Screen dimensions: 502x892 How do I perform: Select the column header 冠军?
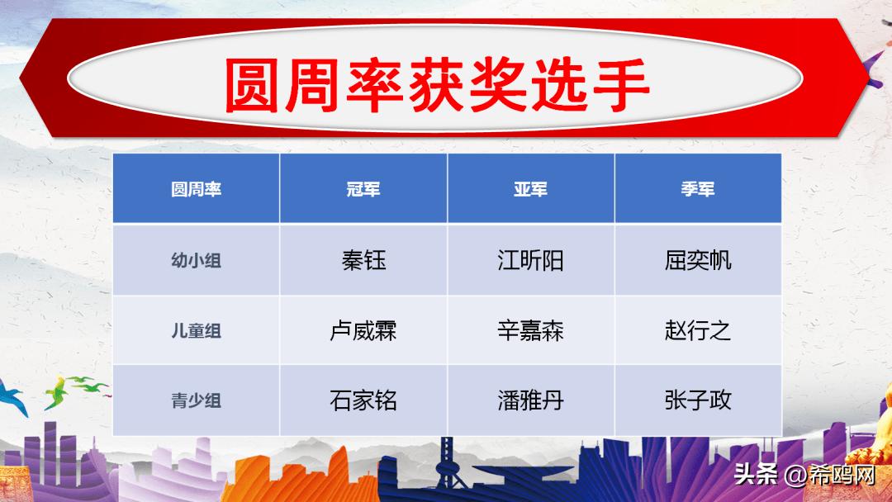(363, 189)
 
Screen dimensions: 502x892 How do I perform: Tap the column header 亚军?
(530, 189)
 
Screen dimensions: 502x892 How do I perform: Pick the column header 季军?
(698, 189)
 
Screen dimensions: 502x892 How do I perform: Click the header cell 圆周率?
(196, 189)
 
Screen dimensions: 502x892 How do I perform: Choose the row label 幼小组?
(196, 261)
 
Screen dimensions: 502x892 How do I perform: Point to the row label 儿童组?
(196, 331)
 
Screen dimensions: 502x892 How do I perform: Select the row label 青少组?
(196, 401)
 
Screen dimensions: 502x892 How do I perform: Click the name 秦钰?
(363, 261)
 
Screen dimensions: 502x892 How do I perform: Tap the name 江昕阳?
(530, 261)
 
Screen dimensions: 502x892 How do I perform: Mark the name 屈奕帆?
(698, 261)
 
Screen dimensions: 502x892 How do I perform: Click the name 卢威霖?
(363, 331)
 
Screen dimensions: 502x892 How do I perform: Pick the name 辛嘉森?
(530, 331)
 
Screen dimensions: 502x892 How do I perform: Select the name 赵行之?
(698, 331)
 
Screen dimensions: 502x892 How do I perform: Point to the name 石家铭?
(363, 401)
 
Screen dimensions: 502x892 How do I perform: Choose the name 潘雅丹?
(530, 401)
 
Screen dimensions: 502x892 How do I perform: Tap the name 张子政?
(698, 401)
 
